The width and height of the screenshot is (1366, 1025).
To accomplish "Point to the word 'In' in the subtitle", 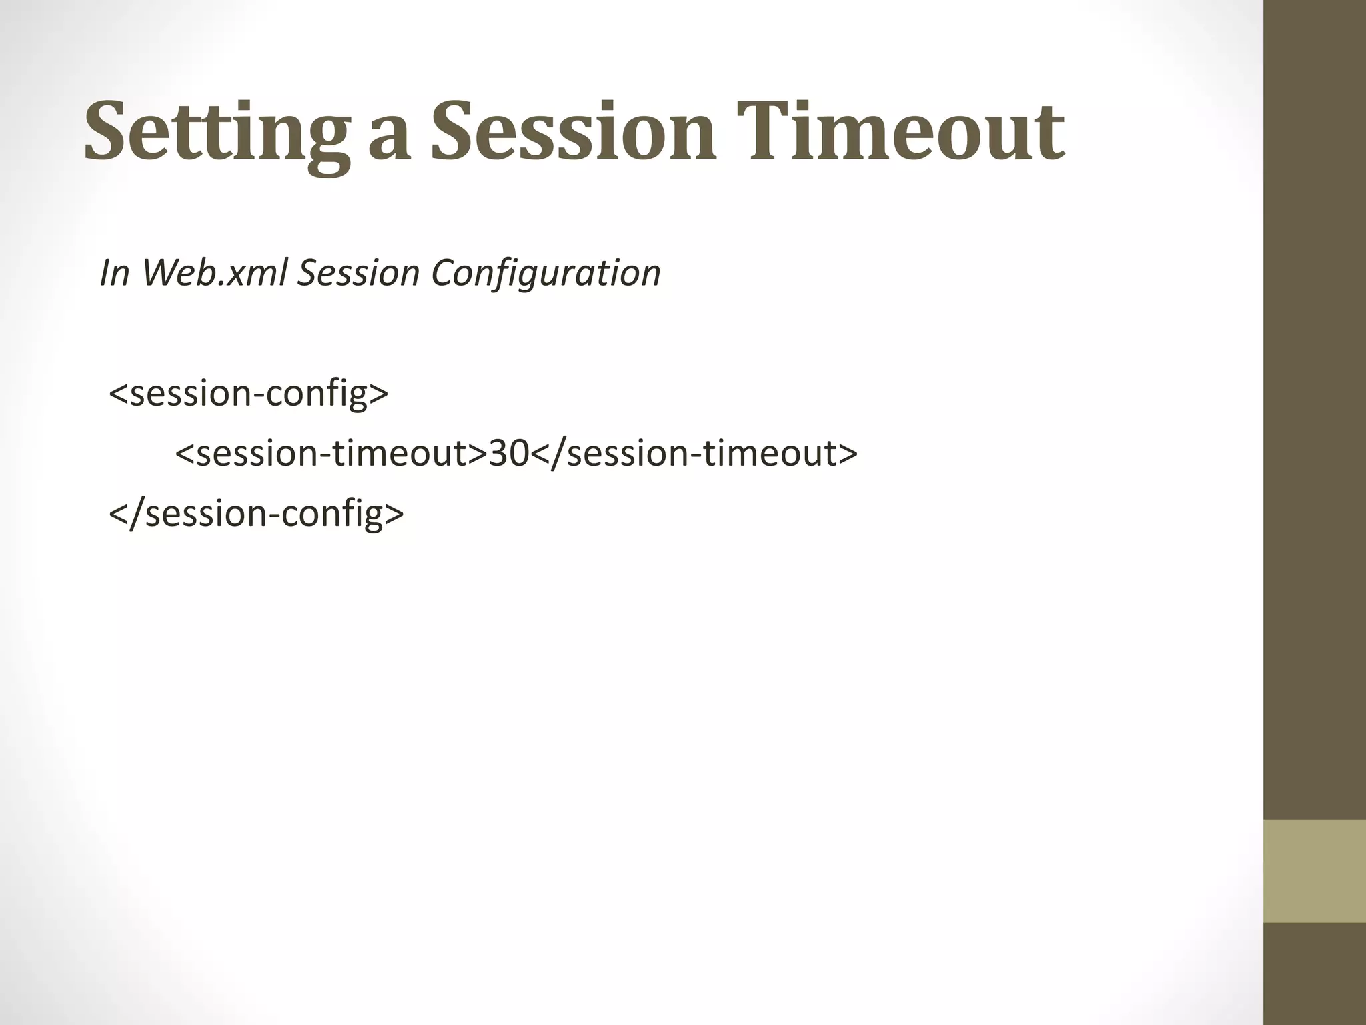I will pyautogui.click(x=114, y=273).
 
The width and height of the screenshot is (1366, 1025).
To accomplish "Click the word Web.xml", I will pyautogui.click(x=214, y=273).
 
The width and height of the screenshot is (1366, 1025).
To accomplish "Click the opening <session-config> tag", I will pyautogui.click(x=248, y=393).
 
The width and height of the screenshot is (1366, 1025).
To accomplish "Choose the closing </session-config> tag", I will pyautogui.click(x=256, y=513).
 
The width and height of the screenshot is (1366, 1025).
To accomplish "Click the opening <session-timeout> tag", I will pyautogui.click(x=331, y=453).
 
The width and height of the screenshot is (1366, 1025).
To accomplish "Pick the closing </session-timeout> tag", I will pyautogui.click(x=694, y=453).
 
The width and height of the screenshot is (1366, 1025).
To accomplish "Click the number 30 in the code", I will pyautogui.click(x=509, y=453).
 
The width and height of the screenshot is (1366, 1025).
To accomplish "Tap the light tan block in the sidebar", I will pyautogui.click(x=1315, y=870).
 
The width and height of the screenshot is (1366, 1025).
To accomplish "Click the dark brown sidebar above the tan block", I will pyautogui.click(x=1315, y=400).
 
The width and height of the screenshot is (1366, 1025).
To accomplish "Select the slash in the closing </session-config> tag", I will pyautogui.click(x=137, y=513).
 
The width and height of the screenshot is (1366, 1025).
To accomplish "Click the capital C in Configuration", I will pyautogui.click(x=443, y=273).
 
